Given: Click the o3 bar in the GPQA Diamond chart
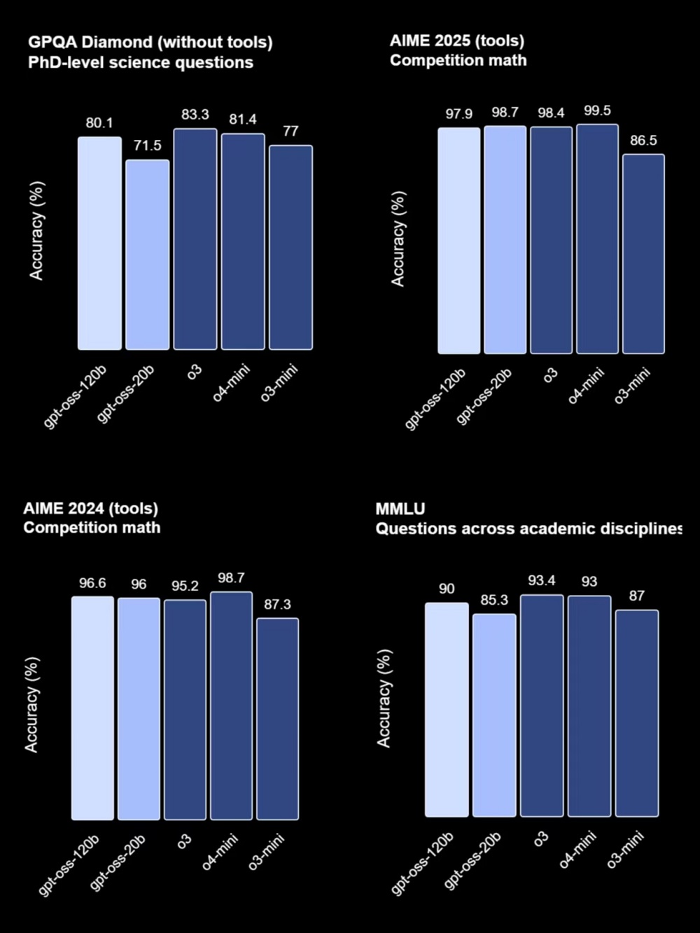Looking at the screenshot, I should (x=195, y=239).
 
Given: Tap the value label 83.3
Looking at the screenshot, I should (x=195, y=115).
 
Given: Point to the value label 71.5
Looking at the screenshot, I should (x=148, y=146).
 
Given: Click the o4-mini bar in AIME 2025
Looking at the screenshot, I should (x=597, y=239).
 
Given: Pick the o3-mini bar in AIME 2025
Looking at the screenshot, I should (x=643, y=253).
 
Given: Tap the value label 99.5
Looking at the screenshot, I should (x=597, y=111).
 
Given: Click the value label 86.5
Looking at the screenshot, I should (x=643, y=141).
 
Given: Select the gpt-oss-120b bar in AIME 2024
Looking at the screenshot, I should (x=92, y=708).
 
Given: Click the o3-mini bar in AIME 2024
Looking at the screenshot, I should (x=277, y=719).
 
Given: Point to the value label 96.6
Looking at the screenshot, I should (x=92, y=583).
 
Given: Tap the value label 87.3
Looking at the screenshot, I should (x=277, y=604).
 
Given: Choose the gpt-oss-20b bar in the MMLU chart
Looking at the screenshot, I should (x=494, y=715).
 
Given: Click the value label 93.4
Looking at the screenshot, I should (x=542, y=580).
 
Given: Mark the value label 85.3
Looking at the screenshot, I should (x=494, y=601).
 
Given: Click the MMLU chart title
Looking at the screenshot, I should (x=400, y=509).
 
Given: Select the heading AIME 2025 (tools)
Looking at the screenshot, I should (x=457, y=41).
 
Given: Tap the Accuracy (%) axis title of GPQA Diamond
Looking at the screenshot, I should (x=36, y=231).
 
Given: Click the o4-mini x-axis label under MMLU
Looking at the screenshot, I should (x=577, y=850).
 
